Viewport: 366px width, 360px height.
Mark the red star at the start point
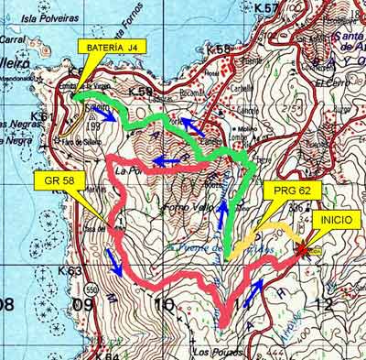303,247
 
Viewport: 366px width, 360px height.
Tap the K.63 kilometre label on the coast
70,271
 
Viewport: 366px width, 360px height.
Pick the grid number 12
319,304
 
